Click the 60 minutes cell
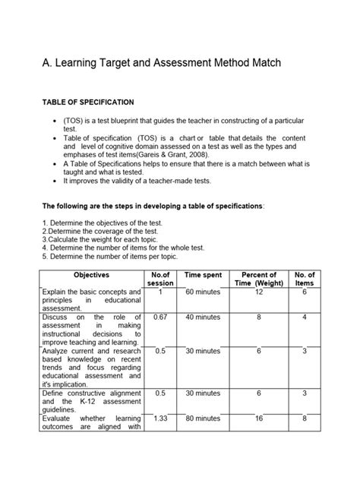203,292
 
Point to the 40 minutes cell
203,317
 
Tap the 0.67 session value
160,317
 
